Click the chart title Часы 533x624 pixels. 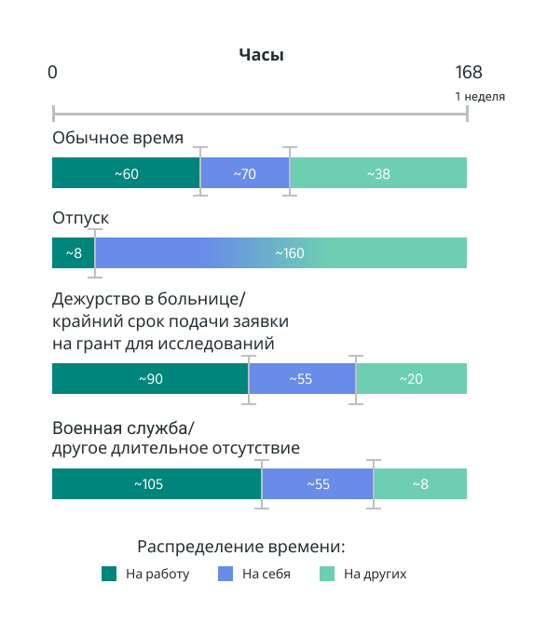coord(261,55)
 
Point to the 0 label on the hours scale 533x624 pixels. coord(52,73)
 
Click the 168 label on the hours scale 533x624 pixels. coord(469,73)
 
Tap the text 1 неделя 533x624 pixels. coord(480,96)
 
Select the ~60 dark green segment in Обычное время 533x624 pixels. coord(126,172)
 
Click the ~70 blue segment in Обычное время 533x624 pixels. coord(245,172)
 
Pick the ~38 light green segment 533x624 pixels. coord(378,172)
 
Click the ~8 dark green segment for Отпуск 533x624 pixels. coord(74,252)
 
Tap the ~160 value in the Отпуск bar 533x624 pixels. coord(290,253)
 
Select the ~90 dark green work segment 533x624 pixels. coord(150,378)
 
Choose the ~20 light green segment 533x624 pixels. coord(411,378)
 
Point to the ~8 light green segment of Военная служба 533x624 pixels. coord(420,483)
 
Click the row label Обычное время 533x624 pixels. coord(117,138)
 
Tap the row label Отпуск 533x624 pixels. coord(80,218)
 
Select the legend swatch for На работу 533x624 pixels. coord(109,574)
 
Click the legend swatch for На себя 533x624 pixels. coord(225,574)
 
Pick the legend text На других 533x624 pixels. coord(375,574)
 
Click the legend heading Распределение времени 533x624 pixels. coord(240,547)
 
